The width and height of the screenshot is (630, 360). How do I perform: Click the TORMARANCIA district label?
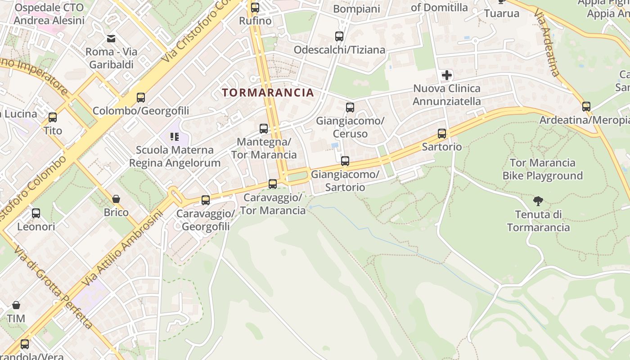[x=268, y=93]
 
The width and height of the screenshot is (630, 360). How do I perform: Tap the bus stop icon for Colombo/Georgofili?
[x=141, y=97]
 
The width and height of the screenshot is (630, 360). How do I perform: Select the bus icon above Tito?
[x=53, y=117]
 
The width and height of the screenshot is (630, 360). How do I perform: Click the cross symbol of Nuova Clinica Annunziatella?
[x=446, y=75]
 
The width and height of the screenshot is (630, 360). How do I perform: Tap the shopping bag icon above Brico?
[x=116, y=198]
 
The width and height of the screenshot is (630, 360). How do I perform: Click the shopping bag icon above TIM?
[x=16, y=305]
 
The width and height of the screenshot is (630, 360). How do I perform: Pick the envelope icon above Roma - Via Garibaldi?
[x=111, y=38]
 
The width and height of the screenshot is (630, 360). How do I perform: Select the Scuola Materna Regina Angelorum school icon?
[x=175, y=136]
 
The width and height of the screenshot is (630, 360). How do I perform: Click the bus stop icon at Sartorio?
[x=442, y=133]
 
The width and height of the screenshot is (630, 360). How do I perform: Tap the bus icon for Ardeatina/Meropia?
[x=586, y=107]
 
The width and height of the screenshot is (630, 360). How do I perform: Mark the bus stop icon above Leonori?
[x=36, y=213]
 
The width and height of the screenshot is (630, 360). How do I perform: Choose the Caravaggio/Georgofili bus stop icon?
[x=206, y=200]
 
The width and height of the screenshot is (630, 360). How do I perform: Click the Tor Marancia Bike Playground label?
[x=543, y=169]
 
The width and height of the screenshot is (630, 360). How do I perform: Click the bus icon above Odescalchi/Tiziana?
[x=339, y=36]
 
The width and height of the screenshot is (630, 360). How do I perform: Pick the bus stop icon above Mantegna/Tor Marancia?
[x=264, y=129]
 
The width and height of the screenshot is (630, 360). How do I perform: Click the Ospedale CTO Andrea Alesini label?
[x=49, y=14]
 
